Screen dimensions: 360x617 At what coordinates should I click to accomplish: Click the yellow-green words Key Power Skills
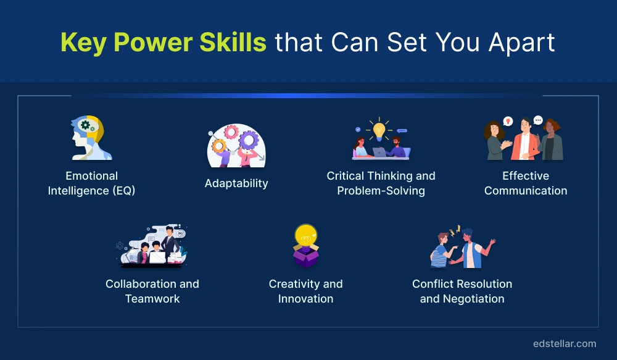(x=164, y=43)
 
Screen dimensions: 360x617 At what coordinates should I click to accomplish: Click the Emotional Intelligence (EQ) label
(x=91, y=183)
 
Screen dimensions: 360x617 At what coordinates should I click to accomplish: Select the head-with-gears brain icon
(x=91, y=138)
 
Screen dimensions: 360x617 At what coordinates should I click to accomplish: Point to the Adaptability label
(x=236, y=183)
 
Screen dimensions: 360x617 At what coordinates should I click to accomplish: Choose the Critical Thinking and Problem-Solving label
(x=381, y=183)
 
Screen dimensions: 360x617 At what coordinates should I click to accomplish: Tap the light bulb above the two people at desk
(x=378, y=130)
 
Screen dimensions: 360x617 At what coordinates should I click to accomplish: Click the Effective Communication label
(x=526, y=183)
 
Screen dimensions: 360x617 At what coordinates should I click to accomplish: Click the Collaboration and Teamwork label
(x=152, y=291)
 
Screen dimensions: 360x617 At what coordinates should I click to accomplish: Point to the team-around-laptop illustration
(x=152, y=246)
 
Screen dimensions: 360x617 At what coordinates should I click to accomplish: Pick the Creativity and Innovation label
(x=305, y=291)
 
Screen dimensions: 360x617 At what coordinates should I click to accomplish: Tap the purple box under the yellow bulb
(x=305, y=257)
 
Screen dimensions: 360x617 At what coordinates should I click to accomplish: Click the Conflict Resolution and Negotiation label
(x=462, y=291)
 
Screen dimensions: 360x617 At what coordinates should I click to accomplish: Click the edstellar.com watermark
(x=565, y=343)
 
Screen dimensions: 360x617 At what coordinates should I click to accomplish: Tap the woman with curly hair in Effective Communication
(x=495, y=141)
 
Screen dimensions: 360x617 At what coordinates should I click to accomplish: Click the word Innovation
(x=305, y=299)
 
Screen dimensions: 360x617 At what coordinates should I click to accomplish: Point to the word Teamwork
(x=152, y=299)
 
